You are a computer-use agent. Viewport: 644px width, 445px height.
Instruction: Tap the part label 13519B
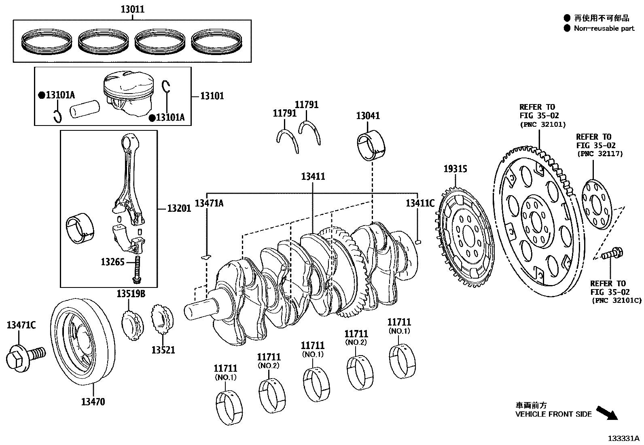point(131,294)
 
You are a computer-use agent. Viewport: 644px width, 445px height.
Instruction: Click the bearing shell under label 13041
point(371,145)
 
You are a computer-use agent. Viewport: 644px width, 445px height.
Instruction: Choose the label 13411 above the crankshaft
point(313,177)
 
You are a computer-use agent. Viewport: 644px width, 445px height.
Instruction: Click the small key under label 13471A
point(206,256)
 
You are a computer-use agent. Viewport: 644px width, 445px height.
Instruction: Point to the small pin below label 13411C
point(419,242)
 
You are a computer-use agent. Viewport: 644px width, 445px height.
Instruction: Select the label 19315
point(455,169)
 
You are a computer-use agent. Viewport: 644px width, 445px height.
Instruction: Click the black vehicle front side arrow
point(607,413)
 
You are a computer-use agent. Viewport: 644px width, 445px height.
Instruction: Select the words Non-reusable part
point(604,28)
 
